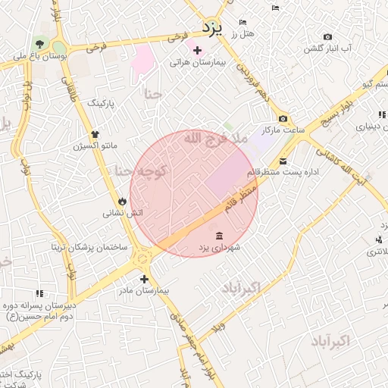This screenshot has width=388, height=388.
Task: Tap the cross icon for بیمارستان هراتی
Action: (x=198, y=51)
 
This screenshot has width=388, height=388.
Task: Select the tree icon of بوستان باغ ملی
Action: (x=39, y=42)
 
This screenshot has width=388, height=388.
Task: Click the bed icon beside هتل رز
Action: (x=242, y=23)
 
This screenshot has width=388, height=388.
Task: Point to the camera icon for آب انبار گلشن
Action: (x=327, y=36)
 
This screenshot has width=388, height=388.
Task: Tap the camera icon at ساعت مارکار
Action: (x=283, y=119)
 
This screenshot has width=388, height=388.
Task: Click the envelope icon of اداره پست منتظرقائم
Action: (x=283, y=161)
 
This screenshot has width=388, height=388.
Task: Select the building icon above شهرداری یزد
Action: (x=219, y=235)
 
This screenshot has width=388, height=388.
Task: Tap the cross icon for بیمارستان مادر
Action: (x=145, y=279)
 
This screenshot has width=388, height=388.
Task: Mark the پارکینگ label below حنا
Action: (x=103, y=102)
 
